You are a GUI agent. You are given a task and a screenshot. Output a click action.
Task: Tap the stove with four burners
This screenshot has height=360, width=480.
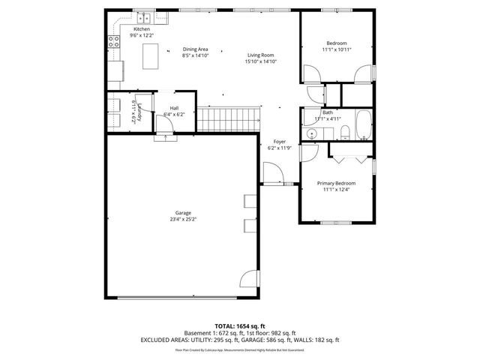pyautogui.click(x=114, y=43)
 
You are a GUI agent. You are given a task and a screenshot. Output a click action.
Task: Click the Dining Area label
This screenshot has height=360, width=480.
pyautogui.click(x=194, y=49)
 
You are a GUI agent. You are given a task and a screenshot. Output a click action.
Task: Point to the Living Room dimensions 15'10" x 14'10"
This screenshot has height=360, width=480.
pyautogui.click(x=261, y=61)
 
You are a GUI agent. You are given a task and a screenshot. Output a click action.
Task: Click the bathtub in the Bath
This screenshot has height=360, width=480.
pyautogui.click(x=363, y=125)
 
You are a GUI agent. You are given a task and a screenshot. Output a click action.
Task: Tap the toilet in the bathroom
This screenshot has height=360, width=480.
pyautogui.click(x=344, y=133)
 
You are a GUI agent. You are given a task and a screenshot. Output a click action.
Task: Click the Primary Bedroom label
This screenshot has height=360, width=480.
pyautogui.click(x=336, y=183)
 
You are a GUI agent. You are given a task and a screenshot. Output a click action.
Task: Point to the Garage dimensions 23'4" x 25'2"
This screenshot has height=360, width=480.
pyautogui.click(x=183, y=220)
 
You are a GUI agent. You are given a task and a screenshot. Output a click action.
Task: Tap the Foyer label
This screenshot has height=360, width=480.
pyautogui.click(x=279, y=142)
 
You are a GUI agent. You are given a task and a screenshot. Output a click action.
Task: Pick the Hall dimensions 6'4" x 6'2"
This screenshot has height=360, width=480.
pyautogui.click(x=173, y=114)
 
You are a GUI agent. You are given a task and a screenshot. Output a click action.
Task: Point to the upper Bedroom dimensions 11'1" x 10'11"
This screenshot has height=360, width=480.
pyautogui.click(x=336, y=49)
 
